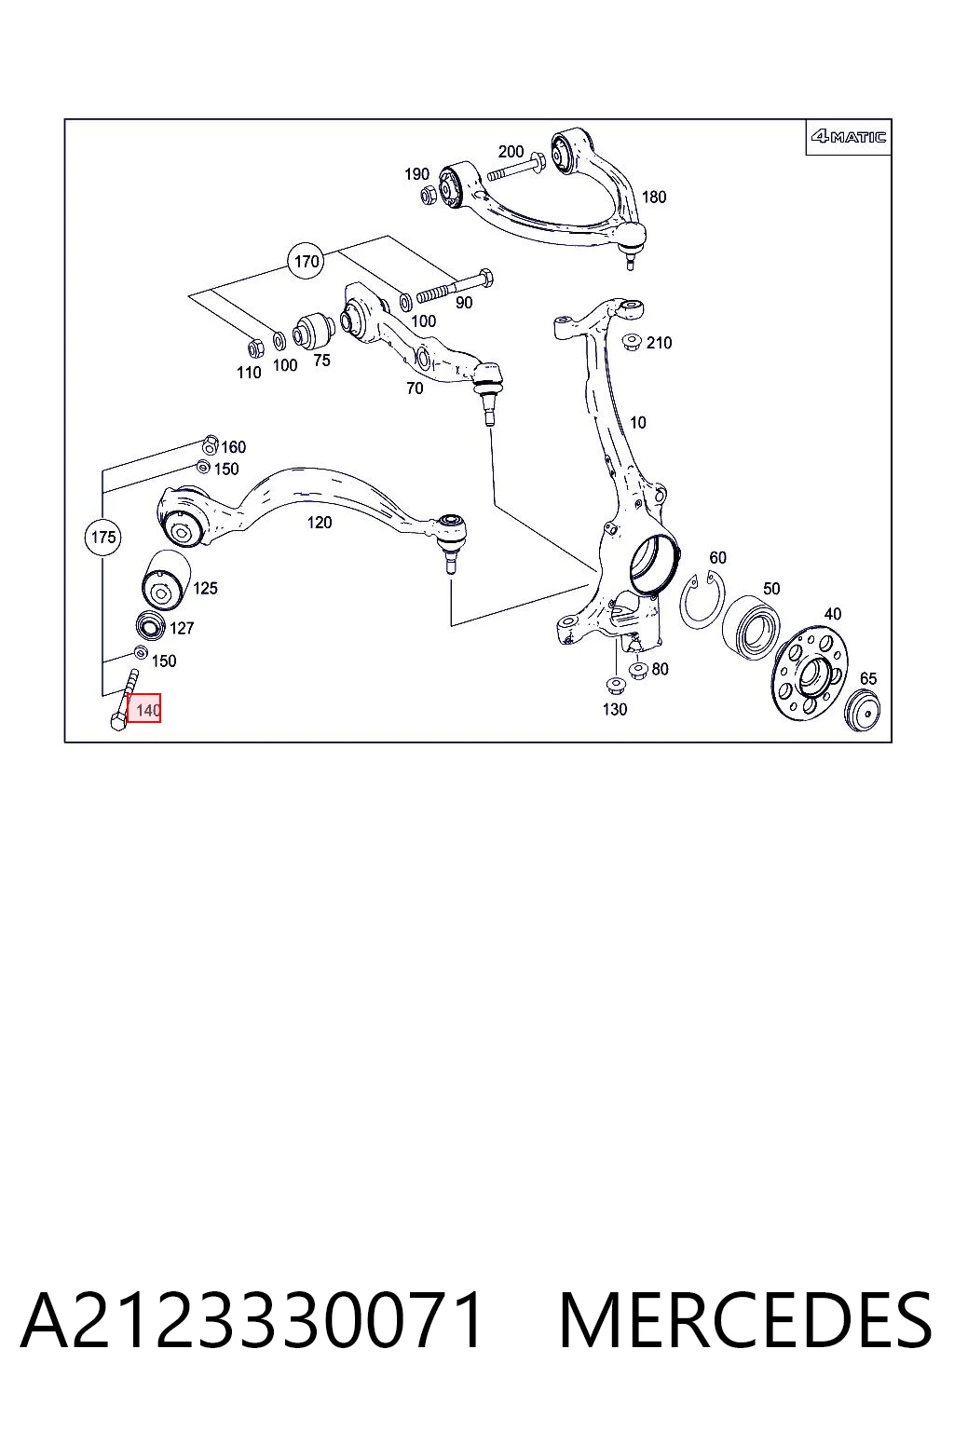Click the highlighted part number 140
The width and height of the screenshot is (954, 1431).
pyautogui.click(x=143, y=708)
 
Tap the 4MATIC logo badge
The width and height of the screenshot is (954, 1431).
pyautogui.click(x=849, y=137)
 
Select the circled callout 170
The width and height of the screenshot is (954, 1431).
pyautogui.click(x=307, y=261)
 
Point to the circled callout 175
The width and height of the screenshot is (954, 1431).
pyautogui.click(x=103, y=537)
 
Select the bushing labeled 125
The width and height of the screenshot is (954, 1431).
pyautogui.click(x=165, y=580)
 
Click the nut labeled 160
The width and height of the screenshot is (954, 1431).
pyautogui.click(x=211, y=444)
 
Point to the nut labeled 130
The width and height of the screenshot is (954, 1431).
pyautogui.click(x=614, y=686)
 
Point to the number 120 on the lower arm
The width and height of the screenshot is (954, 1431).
pyautogui.click(x=319, y=522)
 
